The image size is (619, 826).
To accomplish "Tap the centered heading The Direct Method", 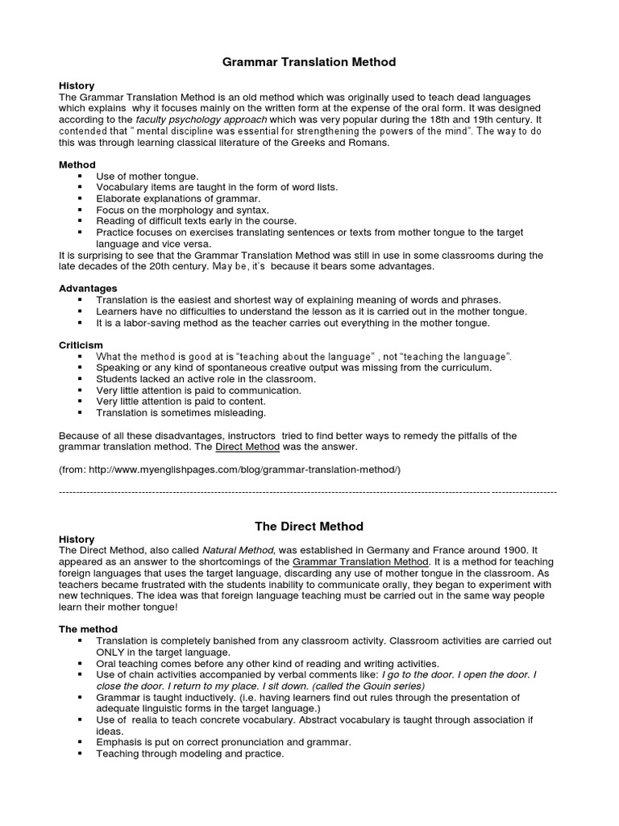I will [309, 526].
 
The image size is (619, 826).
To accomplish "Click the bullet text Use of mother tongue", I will [147, 176].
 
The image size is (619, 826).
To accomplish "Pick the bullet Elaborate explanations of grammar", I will [178, 198].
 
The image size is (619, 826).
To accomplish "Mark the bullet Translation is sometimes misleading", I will [181, 412].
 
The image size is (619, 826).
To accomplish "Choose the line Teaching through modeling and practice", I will [190, 753].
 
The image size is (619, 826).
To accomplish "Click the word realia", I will [150, 720].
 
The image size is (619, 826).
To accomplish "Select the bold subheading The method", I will [89, 628].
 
